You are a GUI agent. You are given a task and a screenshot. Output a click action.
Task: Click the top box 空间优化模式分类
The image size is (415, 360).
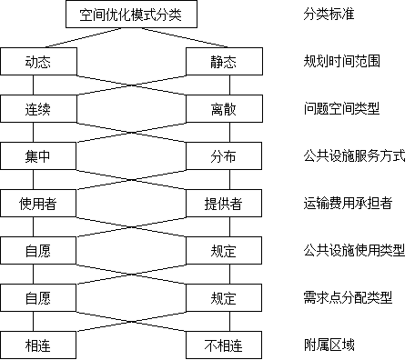pyautogui.click(x=132, y=15)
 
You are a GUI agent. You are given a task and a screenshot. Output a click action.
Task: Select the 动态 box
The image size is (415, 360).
pyautogui.click(x=38, y=62)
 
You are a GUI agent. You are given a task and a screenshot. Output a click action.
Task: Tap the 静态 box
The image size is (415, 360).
pyautogui.click(x=224, y=62)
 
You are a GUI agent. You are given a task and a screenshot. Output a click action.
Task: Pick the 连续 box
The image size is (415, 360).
pyautogui.click(x=38, y=109)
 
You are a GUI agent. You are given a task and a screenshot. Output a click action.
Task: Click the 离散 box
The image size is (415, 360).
pyautogui.click(x=224, y=109)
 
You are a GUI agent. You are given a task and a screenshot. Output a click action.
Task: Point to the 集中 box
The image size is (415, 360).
pyautogui.click(x=38, y=156)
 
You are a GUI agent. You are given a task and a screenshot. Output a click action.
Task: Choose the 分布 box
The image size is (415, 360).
pyautogui.click(x=224, y=156)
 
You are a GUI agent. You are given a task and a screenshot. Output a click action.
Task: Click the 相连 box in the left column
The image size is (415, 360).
pyautogui.click(x=38, y=345)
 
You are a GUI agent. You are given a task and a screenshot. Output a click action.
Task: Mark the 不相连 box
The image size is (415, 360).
pyautogui.click(x=224, y=345)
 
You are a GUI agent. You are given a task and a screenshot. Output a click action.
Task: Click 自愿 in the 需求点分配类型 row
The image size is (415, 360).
pyautogui.click(x=38, y=298)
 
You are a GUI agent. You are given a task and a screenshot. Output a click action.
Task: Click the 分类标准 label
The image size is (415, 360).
pyautogui.click(x=344, y=15)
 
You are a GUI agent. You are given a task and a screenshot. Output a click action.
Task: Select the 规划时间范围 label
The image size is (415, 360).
pyautogui.click(x=344, y=62)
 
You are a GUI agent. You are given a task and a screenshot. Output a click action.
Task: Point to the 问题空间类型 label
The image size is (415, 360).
pyautogui.click(x=344, y=109)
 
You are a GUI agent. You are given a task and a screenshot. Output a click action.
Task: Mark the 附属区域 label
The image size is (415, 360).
pyautogui.click(x=344, y=345)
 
